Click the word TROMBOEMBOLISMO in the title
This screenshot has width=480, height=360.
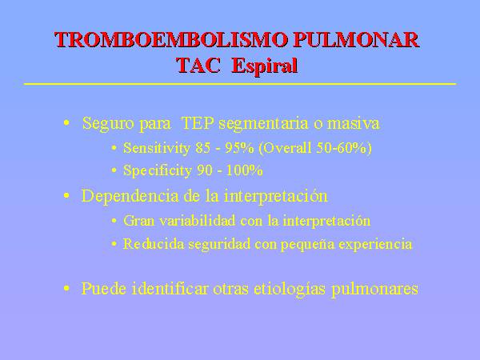click(x=171, y=40)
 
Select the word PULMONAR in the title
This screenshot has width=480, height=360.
click(x=356, y=40)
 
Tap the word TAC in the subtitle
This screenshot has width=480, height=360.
click(x=198, y=66)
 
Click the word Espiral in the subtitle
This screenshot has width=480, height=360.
click(x=265, y=66)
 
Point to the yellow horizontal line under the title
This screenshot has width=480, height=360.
click(x=240, y=83)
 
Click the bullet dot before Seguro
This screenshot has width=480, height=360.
click(x=66, y=123)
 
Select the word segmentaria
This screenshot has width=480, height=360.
click(x=263, y=124)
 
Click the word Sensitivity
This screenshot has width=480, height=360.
click(x=157, y=148)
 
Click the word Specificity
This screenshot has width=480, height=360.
click(x=158, y=170)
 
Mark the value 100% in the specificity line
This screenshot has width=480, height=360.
click(x=244, y=170)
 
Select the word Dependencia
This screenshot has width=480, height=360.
click(x=130, y=196)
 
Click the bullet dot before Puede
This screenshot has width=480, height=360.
click(x=66, y=288)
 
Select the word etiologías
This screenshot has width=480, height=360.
click(x=290, y=289)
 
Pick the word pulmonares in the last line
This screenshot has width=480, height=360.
click(x=374, y=289)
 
